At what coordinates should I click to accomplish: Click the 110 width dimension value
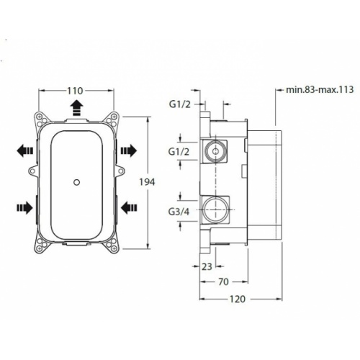click(74, 91)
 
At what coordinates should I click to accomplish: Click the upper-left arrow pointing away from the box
click(23, 150)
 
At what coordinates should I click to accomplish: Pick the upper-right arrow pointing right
click(128, 150)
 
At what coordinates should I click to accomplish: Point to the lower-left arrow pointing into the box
click(23, 208)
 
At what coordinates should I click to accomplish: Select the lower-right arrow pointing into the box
click(128, 208)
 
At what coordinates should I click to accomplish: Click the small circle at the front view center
click(74, 182)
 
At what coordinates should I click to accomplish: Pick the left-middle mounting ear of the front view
click(32, 171)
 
